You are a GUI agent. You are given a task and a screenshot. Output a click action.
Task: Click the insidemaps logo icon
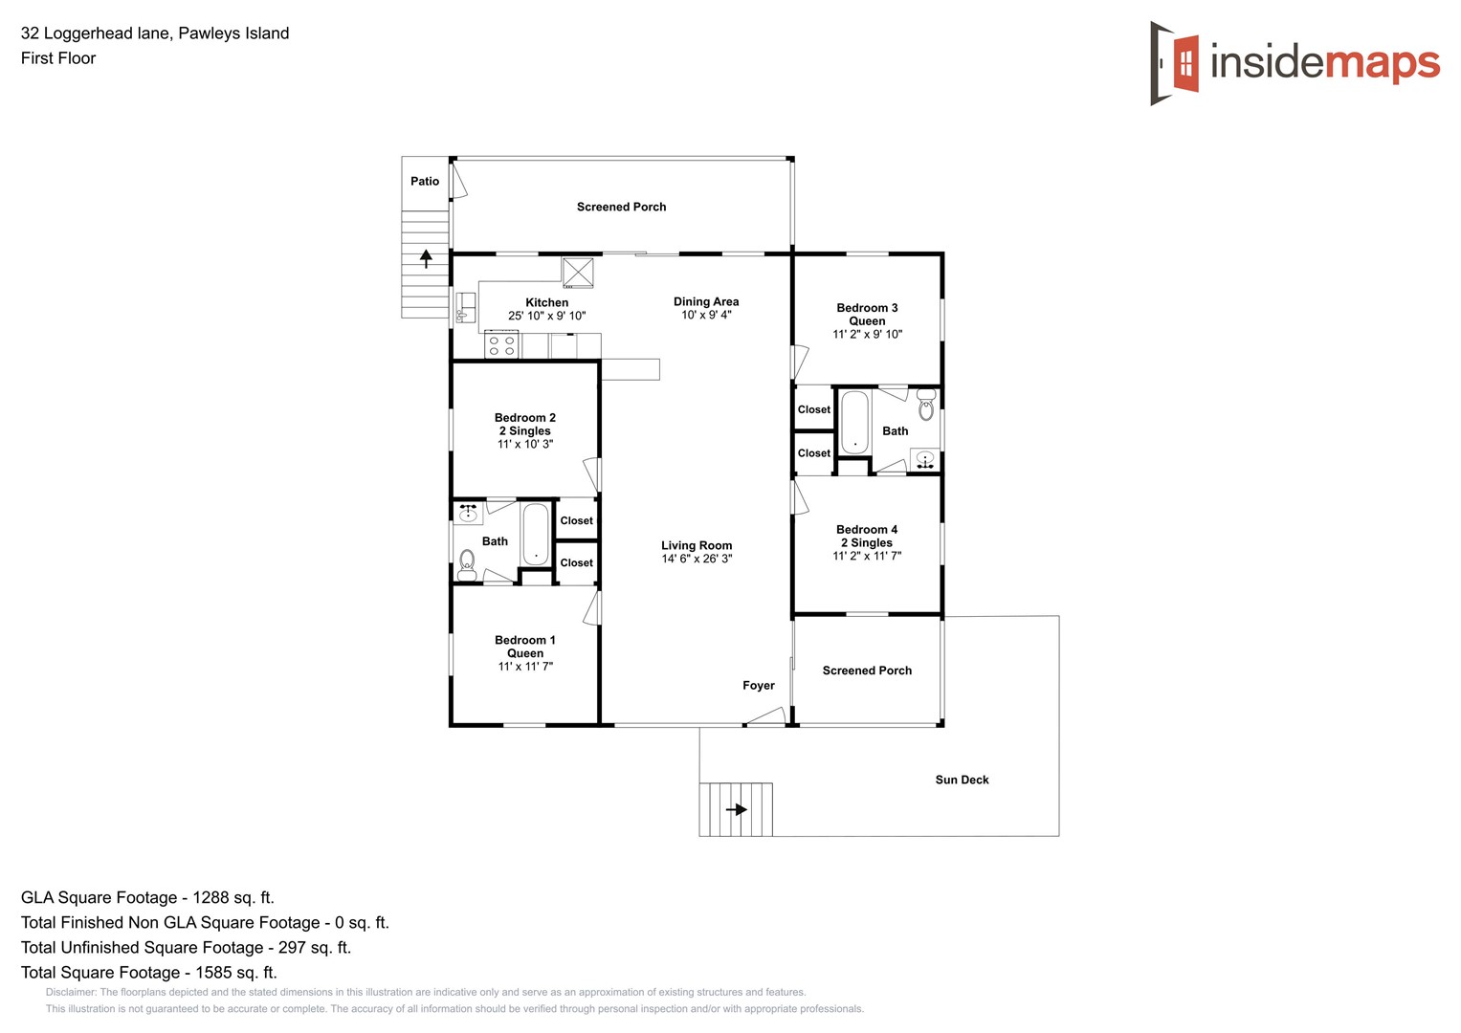click(x=1175, y=63)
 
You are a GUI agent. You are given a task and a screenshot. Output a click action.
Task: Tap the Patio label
click(x=425, y=181)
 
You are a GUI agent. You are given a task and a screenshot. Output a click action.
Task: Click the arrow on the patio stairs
click(x=427, y=257)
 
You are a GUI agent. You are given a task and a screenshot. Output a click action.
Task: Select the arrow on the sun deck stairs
click(x=737, y=809)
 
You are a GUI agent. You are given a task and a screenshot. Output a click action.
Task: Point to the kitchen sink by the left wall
click(x=465, y=307)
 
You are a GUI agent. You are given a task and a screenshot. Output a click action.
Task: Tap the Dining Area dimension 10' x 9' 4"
click(x=706, y=315)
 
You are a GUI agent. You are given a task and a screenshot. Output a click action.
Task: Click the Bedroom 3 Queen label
click(x=867, y=314)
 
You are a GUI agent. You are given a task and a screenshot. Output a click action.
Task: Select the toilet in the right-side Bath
click(x=926, y=406)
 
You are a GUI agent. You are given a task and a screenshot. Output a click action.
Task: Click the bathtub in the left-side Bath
click(x=536, y=534)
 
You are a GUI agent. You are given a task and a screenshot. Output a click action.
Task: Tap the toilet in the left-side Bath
click(x=467, y=564)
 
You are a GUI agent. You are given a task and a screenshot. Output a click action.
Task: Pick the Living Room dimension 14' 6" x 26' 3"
click(x=697, y=559)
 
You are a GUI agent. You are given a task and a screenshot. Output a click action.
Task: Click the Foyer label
click(x=759, y=685)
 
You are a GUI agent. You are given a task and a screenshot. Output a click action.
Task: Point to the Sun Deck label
click(x=962, y=780)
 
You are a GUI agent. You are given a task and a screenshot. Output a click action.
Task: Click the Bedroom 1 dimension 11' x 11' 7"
click(x=525, y=666)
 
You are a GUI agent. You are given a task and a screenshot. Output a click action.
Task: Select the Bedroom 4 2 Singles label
click(x=867, y=536)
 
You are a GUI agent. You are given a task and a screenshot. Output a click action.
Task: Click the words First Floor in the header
click(x=58, y=58)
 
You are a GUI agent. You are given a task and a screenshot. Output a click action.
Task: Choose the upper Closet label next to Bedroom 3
click(x=814, y=409)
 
